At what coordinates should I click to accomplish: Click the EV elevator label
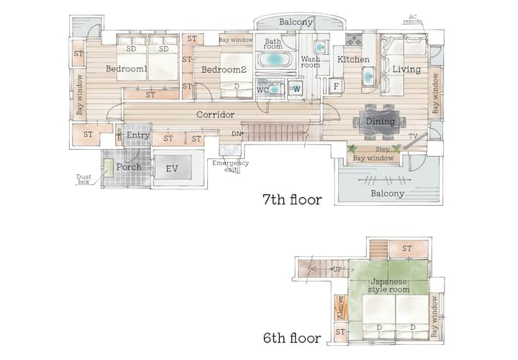coord(172,168)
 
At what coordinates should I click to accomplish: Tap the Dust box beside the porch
coord(109,168)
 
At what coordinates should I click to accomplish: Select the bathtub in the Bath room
coord(274,60)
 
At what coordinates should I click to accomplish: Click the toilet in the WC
coord(275,89)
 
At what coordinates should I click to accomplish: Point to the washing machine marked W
coord(296,89)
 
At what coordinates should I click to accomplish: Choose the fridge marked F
coord(336,86)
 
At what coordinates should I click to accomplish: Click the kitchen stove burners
coord(354,40)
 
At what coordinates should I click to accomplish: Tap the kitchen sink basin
coord(368,76)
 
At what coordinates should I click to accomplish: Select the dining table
coord(380,121)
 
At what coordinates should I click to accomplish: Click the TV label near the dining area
coord(413,136)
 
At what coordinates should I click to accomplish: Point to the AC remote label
coord(413,19)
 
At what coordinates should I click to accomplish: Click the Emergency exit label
coord(231,166)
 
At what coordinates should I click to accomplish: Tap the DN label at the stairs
coord(236,133)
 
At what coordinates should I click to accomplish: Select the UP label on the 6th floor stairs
coord(337,269)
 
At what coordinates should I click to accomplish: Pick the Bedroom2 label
coord(224,70)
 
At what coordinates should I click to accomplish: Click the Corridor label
coord(215,114)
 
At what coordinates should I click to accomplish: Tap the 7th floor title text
coord(292,199)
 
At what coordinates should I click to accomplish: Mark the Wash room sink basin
coord(319,48)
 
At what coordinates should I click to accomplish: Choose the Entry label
coord(138,135)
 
